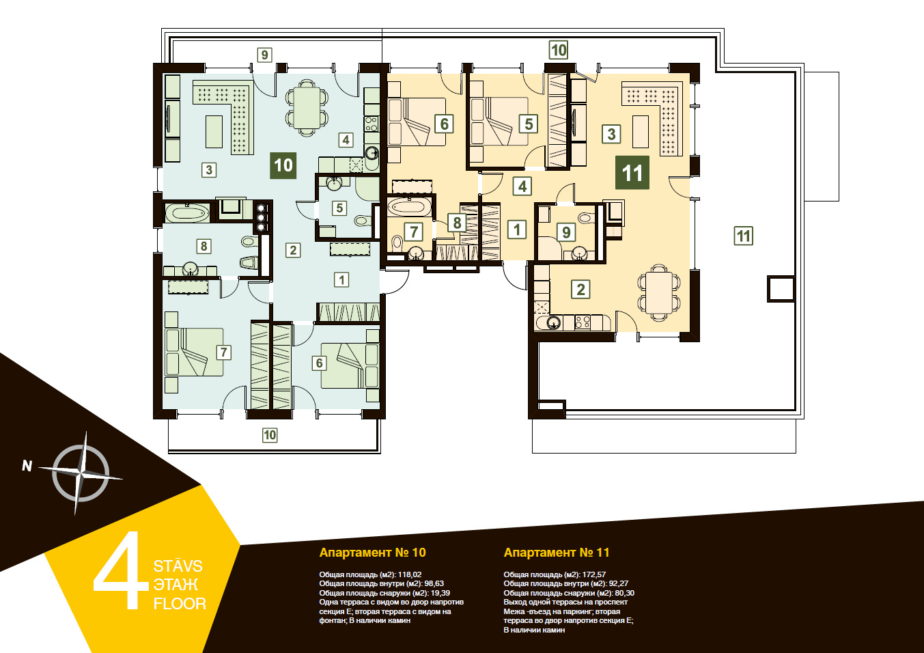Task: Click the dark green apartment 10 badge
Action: [283, 165]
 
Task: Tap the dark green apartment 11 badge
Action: [632, 172]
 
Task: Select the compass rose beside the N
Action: [81, 473]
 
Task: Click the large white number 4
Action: [121, 570]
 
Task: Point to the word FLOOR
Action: [180, 604]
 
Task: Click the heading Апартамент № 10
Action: [372, 553]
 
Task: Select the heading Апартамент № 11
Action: [557, 553]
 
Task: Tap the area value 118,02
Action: [410, 574]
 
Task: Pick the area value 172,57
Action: [594, 574]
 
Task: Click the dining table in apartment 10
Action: [306, 108]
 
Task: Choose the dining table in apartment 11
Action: [660, 292]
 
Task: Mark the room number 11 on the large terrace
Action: [743, 236]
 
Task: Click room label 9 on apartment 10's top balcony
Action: [264, 55]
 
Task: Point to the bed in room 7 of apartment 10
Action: [194, 352]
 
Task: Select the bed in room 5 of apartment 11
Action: [499, 122]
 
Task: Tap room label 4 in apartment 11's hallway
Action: [522, 186]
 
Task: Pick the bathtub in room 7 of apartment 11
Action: [409, 207]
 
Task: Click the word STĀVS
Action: [178, 566]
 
